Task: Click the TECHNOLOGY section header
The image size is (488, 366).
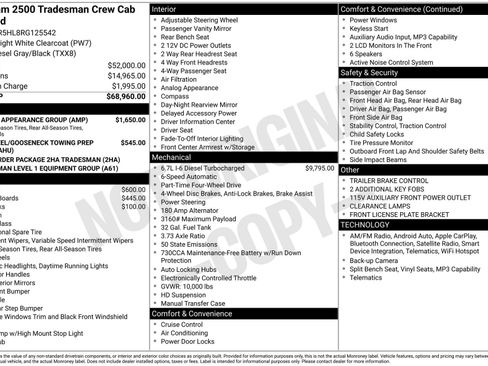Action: click(366, 225)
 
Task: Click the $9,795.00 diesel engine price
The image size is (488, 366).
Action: click(320, 168)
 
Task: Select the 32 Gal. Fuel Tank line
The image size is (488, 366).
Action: click(190, 227)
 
